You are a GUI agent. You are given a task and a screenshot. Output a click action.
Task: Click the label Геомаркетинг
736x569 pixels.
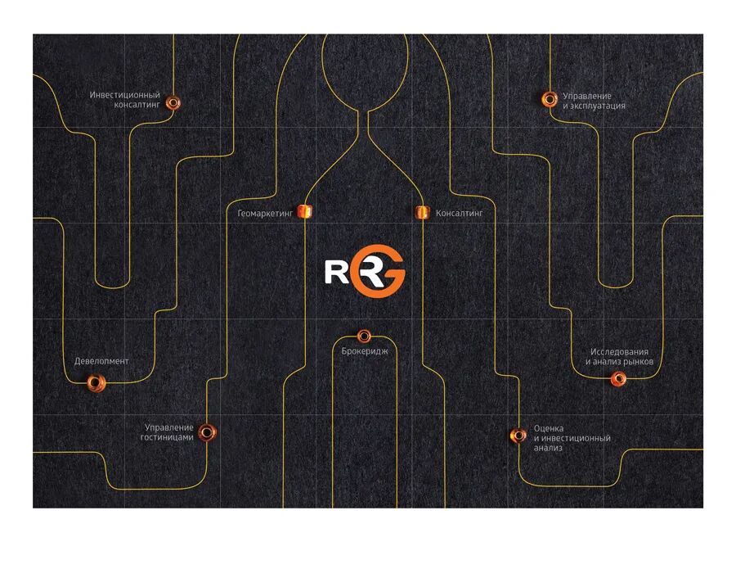[x=264, y=213]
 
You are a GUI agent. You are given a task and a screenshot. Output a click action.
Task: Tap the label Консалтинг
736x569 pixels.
[x=460, y=213]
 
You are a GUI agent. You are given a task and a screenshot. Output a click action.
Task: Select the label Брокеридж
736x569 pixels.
[x=364, y=350]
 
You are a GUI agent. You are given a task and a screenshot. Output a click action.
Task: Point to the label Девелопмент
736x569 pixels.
[x=101, y=361]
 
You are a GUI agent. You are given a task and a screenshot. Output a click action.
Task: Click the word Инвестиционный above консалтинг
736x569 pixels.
[x=124, y=95]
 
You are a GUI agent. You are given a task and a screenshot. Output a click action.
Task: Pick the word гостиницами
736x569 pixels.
[x=167, y=437]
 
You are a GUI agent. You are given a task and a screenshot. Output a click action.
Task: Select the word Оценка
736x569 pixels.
[x=548, y=428]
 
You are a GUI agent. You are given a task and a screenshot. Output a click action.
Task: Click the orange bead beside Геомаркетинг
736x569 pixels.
[x=305, y=212]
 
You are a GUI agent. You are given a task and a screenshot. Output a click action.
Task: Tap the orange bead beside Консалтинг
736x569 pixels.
[x=422, y=213]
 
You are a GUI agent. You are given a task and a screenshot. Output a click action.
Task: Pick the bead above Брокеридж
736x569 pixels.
[x=364, y=336]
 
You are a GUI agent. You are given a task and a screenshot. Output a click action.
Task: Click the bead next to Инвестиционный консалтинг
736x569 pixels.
[x=173, y=102]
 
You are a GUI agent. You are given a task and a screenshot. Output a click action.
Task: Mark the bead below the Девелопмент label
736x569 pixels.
[x=94, y=382]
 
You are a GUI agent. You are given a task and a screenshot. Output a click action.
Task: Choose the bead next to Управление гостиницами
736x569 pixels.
[x=207, y=431]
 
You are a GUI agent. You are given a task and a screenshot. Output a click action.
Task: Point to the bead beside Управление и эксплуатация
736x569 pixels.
[x=550, y=99]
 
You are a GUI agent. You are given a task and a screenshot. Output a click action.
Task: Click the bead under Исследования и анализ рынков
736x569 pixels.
[x=619, y=378]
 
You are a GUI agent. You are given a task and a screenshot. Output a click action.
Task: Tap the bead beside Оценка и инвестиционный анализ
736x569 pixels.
[x=517, y=436]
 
